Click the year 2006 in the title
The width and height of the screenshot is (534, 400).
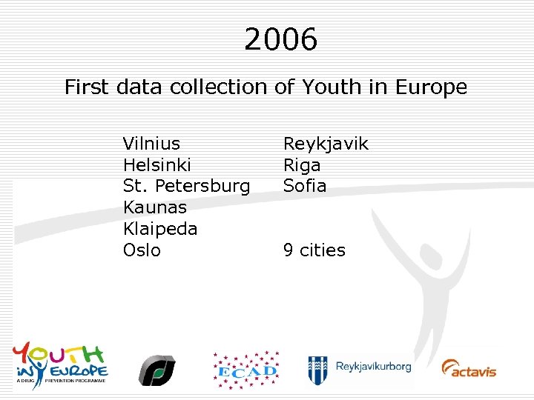tap(280, 39)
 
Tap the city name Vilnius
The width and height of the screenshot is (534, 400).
tap(151, 143)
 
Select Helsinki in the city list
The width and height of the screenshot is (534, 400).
tap(156, 164)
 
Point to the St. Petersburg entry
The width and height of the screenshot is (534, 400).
tap(186, 186)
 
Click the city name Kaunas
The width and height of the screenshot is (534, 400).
tap(154, 207)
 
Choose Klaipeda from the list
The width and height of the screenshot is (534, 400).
tap(160, 229)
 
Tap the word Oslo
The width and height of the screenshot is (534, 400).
tap(142, 250)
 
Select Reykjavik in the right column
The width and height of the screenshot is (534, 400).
tap(326, 143)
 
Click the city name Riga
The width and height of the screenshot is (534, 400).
tap(302, 164)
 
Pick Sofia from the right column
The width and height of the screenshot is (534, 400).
tap(305, 186)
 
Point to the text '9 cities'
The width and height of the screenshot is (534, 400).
tap(314, 250)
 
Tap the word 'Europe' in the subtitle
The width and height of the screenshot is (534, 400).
tap(431, 87)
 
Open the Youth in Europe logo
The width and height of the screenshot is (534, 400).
tap(60, 362)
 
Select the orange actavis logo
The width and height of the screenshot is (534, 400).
tap(469, 368)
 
